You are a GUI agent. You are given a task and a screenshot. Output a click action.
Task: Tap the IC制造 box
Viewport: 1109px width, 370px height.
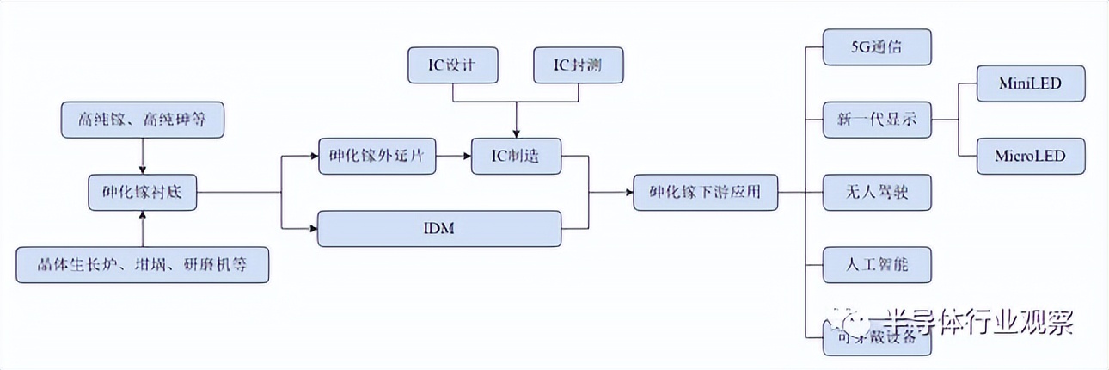point(516,157)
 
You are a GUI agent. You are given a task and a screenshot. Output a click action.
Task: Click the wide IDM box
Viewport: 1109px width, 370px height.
point(439,229)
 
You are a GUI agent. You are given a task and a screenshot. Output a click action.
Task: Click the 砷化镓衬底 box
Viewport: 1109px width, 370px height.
point(142,193)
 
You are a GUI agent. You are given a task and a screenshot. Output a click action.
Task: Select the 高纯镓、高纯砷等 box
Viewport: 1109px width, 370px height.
point(142,120)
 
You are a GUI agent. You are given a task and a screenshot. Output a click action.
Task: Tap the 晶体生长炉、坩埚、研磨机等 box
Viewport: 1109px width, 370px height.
point(142,264)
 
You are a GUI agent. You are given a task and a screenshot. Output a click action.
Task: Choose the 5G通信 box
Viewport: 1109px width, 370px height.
point(876,47)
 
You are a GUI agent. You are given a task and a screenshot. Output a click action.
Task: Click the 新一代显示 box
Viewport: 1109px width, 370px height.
point(876,120)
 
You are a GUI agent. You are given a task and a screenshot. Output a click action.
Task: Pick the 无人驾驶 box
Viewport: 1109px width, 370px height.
point(876,193)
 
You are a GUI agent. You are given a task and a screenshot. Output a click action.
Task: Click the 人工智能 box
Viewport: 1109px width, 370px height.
point(876,265)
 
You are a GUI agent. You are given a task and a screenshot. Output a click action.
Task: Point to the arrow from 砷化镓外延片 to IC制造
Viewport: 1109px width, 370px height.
point(453,157)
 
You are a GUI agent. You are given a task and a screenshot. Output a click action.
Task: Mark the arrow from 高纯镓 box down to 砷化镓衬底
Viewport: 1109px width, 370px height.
point(142,156)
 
